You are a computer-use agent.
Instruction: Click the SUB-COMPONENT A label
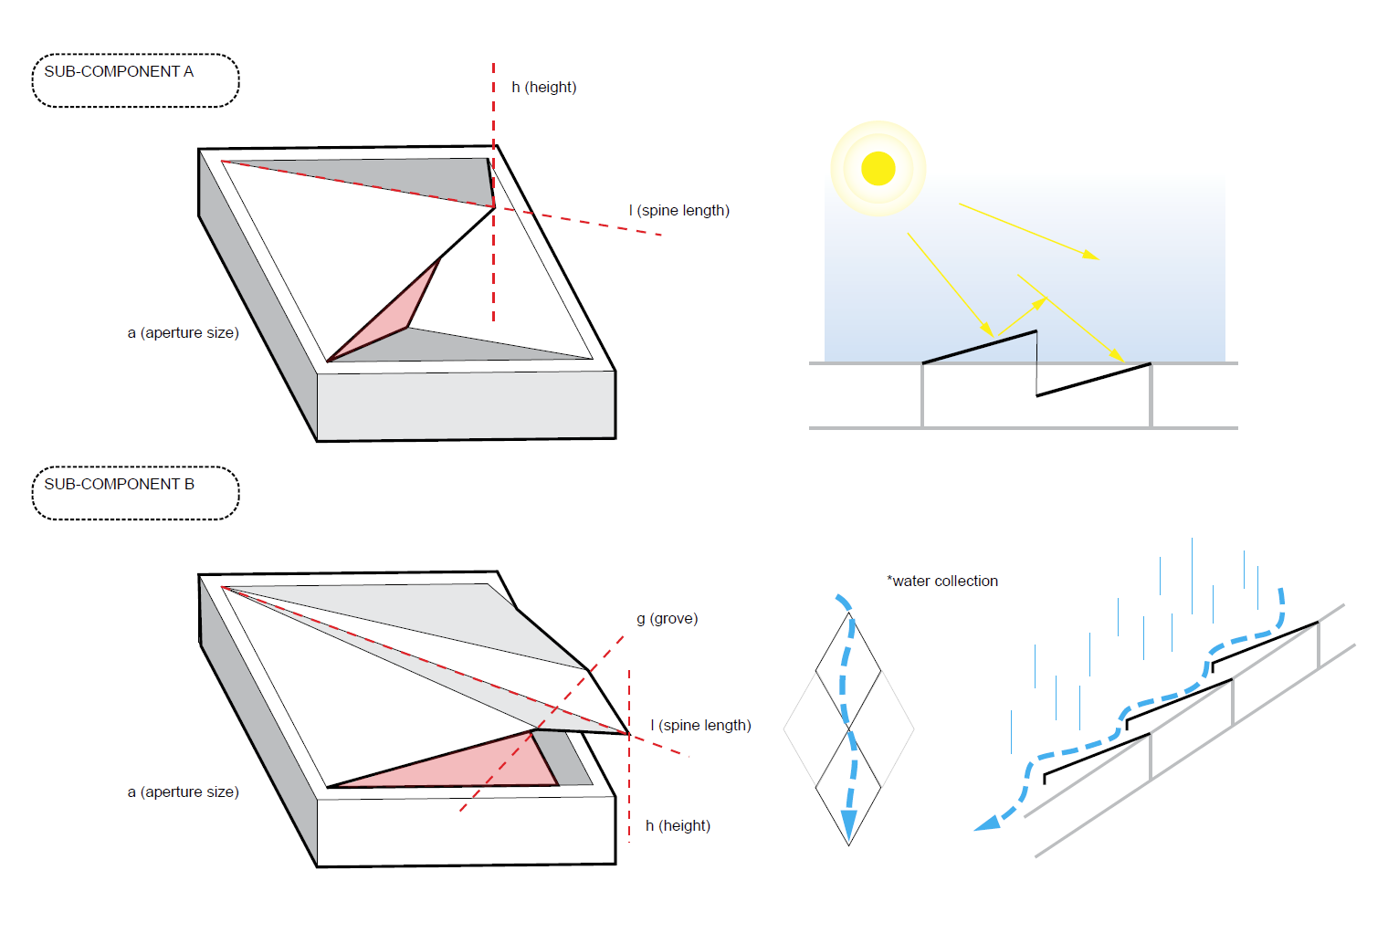pos(119,72)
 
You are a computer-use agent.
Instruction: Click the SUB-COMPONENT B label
pos(120,485)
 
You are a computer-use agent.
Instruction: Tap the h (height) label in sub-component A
pos(543,88)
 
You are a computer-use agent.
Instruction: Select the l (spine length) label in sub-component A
pos(678,211)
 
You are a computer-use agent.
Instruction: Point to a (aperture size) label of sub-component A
pos(183,333)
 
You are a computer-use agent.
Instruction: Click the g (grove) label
pos(667,619)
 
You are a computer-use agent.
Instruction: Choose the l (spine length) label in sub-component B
pos(700,726)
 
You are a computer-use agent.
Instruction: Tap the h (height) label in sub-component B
pos(678,826)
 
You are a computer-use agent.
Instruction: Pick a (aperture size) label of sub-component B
pos(183,792)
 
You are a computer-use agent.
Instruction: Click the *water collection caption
pos(942,582)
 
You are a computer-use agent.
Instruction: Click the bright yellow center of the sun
pos(878,168)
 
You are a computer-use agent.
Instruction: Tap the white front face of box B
pos(466,831)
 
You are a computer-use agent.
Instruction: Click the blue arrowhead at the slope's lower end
pos(988,823)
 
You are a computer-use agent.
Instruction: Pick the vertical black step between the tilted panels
pos(1036,363)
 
